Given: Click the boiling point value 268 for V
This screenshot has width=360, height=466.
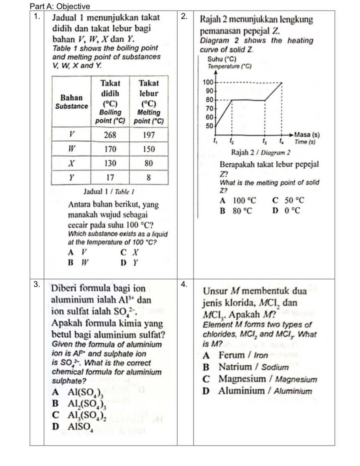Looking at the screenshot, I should click(x=110, y=135).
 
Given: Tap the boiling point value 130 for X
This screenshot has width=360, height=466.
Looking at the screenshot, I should click(x=110, y=163).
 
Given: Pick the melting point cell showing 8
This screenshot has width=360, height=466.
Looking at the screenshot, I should click(x=148, y=177).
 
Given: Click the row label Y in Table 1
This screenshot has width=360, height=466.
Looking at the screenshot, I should click(x=71, y=177).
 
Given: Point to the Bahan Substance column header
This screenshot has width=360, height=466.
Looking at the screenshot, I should click(x=71, y=101).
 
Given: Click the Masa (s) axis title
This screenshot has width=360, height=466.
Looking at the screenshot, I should click(x=307, y=135).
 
